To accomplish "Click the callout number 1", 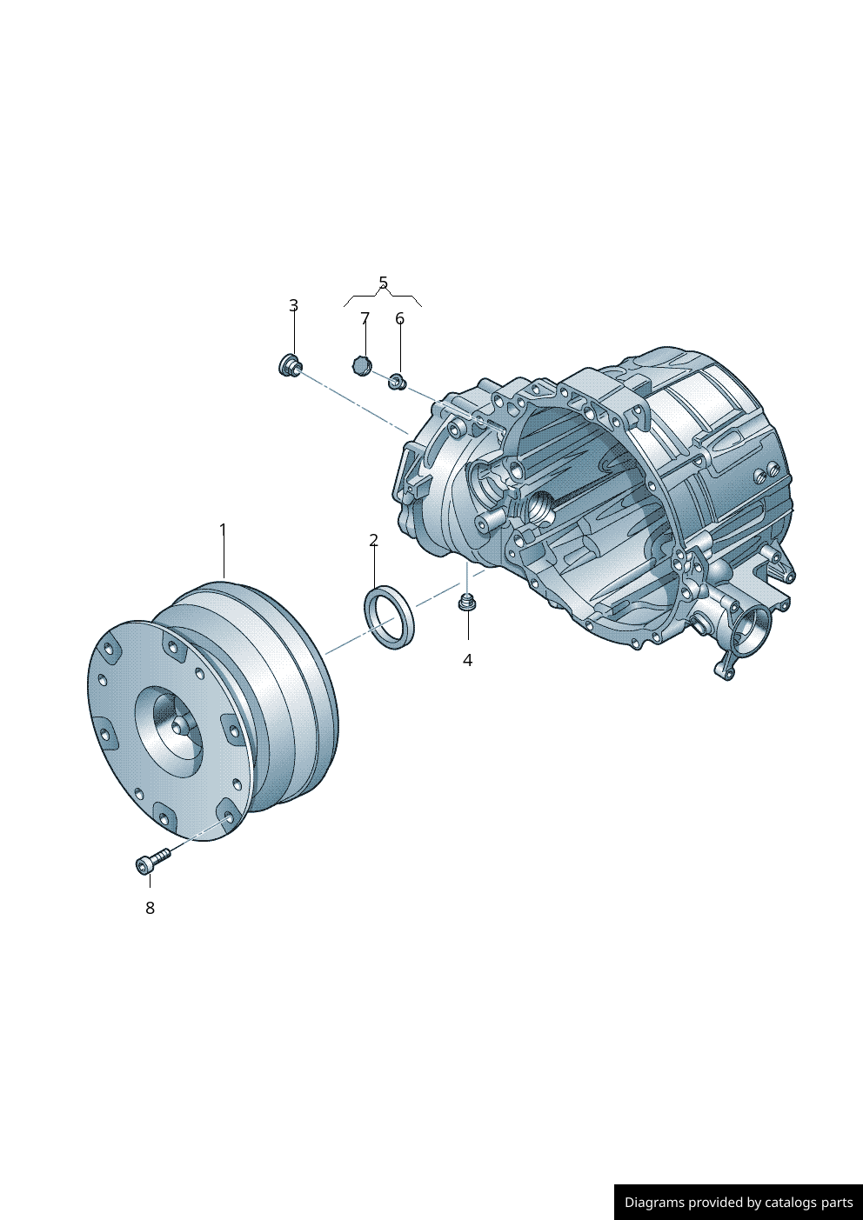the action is pyautogui.click(x=223, y=529).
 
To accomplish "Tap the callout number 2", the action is pyautogui.click(x=373, y=540).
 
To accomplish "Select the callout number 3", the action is pyautogui.click(x=294, y=305).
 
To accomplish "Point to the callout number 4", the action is pyautogui.click(x=467, y=660).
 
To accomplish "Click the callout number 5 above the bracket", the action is pyautogui.click(x=383, y=283).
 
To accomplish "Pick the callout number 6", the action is pyautogui.click(x=400, y=318).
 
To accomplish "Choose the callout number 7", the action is pyautogui.click(x=365, y=318).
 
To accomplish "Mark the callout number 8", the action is pyautogui.click(x=150, y=908).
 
